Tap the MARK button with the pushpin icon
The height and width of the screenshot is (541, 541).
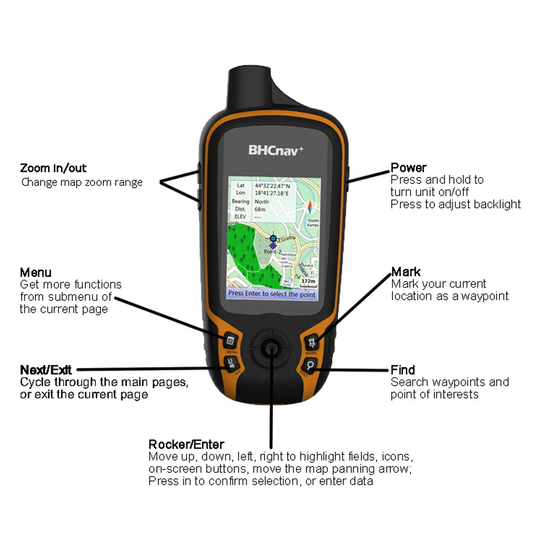(312, 342)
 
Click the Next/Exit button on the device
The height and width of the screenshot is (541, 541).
(231, 362)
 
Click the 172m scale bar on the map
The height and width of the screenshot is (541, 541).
(308, 282)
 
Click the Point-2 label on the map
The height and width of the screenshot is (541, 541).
(272, 252)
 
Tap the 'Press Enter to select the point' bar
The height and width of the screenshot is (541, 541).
(272, 294)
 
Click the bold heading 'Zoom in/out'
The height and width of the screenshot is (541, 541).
(53, 168)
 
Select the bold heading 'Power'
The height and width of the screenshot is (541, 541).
(408, 168)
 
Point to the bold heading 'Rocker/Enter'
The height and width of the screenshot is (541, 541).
(186, 445)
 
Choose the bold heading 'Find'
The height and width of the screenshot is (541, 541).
(403, 370)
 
